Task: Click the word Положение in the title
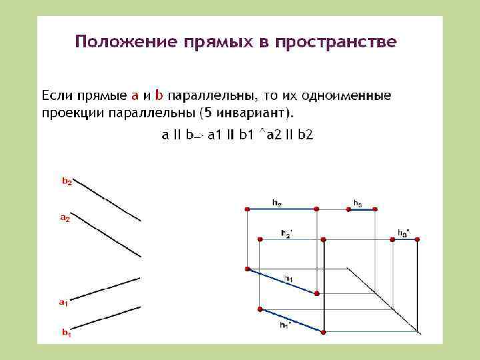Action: pos(119,42)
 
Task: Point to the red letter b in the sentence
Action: pos(159,94)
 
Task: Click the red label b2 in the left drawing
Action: pos(67,181)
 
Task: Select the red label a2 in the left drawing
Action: pos(65,217)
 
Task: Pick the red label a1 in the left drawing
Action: pos(63,303)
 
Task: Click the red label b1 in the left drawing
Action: pos(67,332)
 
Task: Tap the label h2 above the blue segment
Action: pos(277,201)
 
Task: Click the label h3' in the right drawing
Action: pos(403,232)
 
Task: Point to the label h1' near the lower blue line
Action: pos(285,325)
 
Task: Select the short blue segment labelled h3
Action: pos(361,209)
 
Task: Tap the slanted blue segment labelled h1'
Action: pos(291,320)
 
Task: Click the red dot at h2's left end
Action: pos(247,209)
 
